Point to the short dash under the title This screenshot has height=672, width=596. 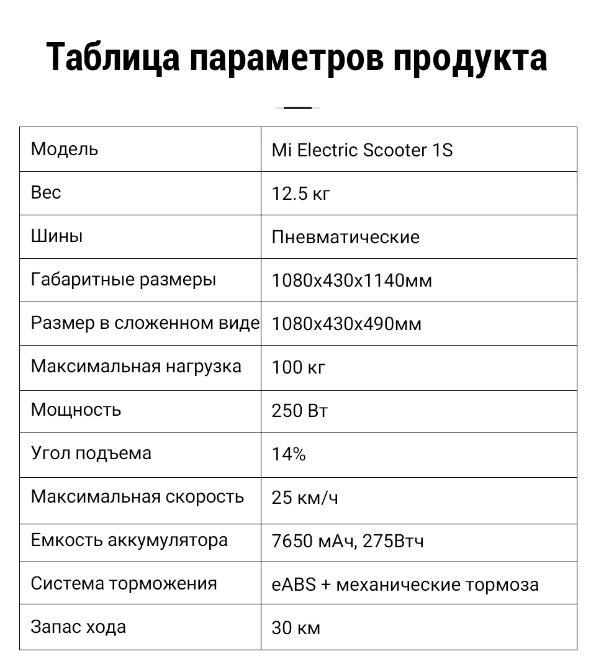pos(297,108)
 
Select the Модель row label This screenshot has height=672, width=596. pos(65,150)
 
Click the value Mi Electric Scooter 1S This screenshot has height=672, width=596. pos(362,151)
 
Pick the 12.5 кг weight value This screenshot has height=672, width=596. pos(301,194)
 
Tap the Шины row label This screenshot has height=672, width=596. pos(56,236)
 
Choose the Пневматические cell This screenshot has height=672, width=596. pos(345,238)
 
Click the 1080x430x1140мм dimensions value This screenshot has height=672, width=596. pos(351,281)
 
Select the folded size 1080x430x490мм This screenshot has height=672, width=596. pos(346,325)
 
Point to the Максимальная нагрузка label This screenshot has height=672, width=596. pos(136,367)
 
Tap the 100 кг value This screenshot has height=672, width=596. pos(299,368)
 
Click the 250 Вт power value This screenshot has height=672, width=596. pos(300,411)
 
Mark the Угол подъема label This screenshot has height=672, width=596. pos(91,454)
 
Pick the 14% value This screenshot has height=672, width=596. pos(289,455)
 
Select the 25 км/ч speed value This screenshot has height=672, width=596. pos(305,498)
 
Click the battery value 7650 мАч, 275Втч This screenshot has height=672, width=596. pos(348,542)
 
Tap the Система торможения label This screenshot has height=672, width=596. pos(124,584)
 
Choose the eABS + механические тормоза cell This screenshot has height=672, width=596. pos(405,585)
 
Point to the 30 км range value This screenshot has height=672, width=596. pos(296,629)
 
